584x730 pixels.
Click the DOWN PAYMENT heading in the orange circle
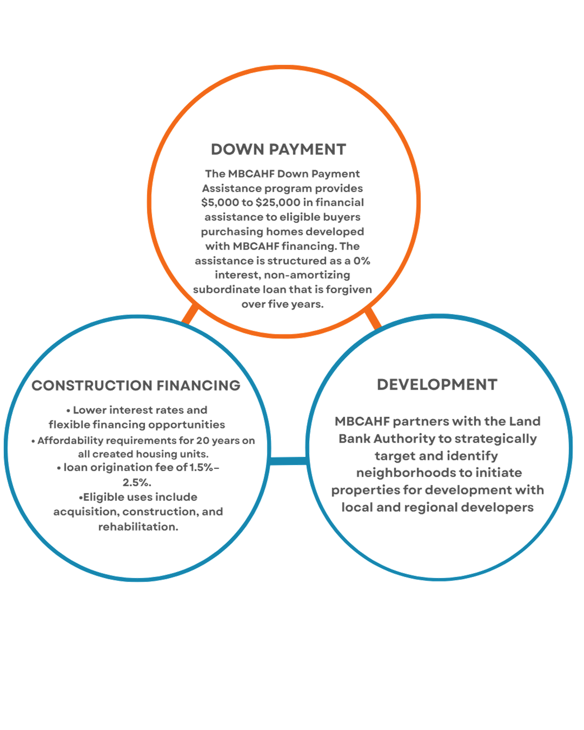click(x=278, y=150)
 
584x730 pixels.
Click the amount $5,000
click(x=215, y=203)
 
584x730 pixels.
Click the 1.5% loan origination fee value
click(x=203, y=468)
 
